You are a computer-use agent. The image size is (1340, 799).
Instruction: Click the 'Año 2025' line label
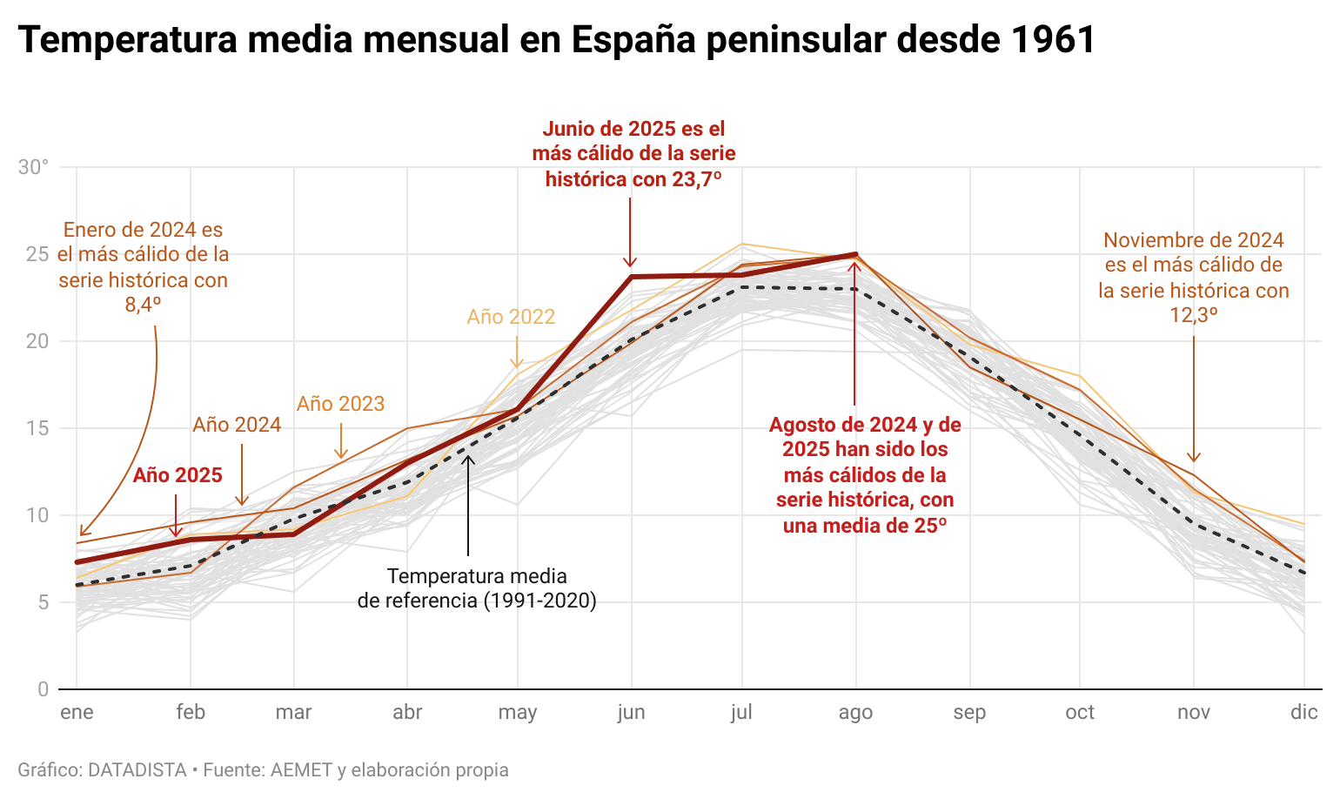click(x=178, y=475)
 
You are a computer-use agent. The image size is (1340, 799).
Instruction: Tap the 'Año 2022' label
click(x=511, y=317)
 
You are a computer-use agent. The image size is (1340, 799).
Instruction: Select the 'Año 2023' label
click(x=340, y=404)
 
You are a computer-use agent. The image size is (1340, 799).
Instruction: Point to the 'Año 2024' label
click(x=237, y=425)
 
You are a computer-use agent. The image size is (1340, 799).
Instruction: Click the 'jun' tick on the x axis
click(x=631, y=712)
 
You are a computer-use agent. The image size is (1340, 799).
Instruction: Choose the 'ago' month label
click(x=855, y=712)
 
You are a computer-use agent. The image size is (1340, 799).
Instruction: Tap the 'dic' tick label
click(x=1303, y=712)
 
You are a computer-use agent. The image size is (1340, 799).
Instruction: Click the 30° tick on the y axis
click(x=33, y=167)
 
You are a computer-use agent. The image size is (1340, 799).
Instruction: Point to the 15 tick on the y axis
click(x=37, y=428)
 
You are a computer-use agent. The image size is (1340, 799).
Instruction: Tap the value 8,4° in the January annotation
click(x=144, y=305)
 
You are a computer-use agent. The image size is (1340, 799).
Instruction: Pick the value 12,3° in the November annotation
click(x=1193, y=315)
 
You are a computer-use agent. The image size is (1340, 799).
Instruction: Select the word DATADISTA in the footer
click(x=137, y=770)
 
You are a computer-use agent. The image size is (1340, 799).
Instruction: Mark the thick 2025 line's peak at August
click(x=855, y=255)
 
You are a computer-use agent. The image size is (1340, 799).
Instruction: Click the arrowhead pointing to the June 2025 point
click(x=630, y=263)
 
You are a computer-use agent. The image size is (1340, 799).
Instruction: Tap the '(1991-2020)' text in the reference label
click(x=540, y=601)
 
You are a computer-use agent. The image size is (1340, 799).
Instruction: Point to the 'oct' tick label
click(x=1080, y=712)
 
